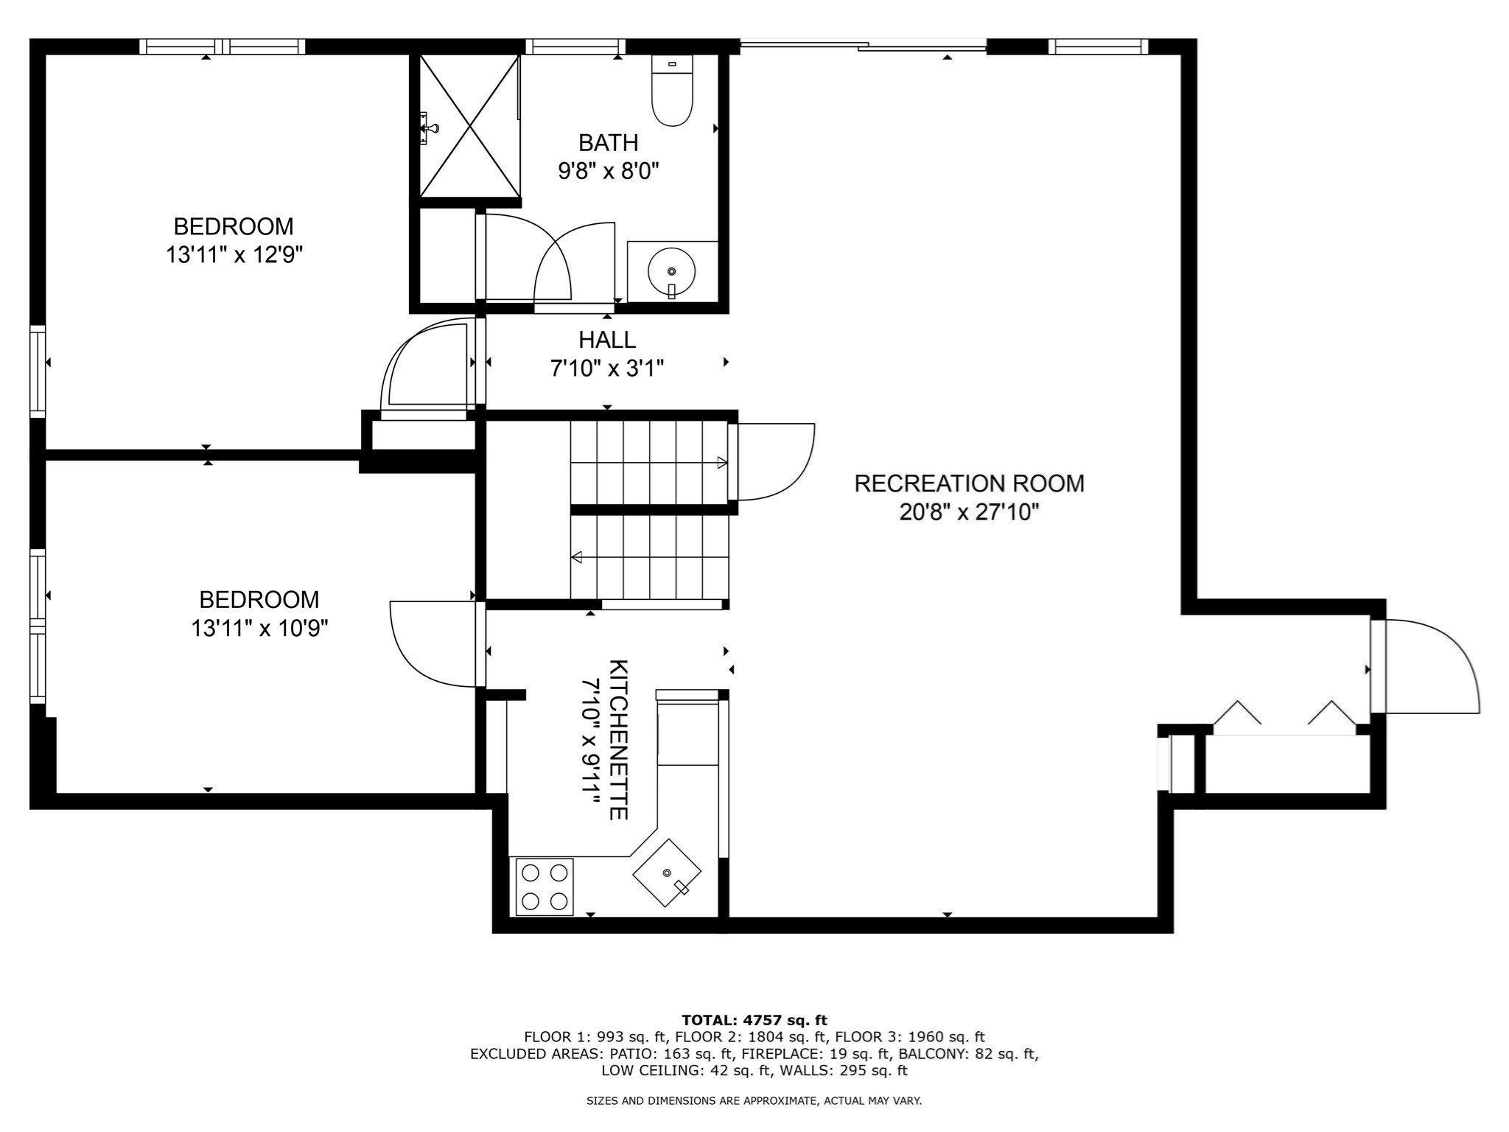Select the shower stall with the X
pyautogui.click(x=469, y=127)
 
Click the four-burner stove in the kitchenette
pyautogui.click(x=545, y=887)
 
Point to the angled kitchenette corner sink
pyautogui.click(x=667, y=873)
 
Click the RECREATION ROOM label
pyautogui.click(x=968, y=483)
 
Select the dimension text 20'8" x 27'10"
pyautogui.click(x=968, y=512)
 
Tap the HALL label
pyautogui.click(x=607, y=340)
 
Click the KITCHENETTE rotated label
pyautogui.click(x=617, y=739)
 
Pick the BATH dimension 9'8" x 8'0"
pyautogui.click(x=608, y=171)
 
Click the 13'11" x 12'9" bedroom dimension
pyautogui.click(x=234, y=255)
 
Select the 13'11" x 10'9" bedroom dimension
pyautogui.click(x=259, y=629)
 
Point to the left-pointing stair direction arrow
pyautogui.click(x=577, y=557)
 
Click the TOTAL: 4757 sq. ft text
pyautogui.click(x=754, y=1020)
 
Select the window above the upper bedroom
pyautogui.click(x=222, y=46)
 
